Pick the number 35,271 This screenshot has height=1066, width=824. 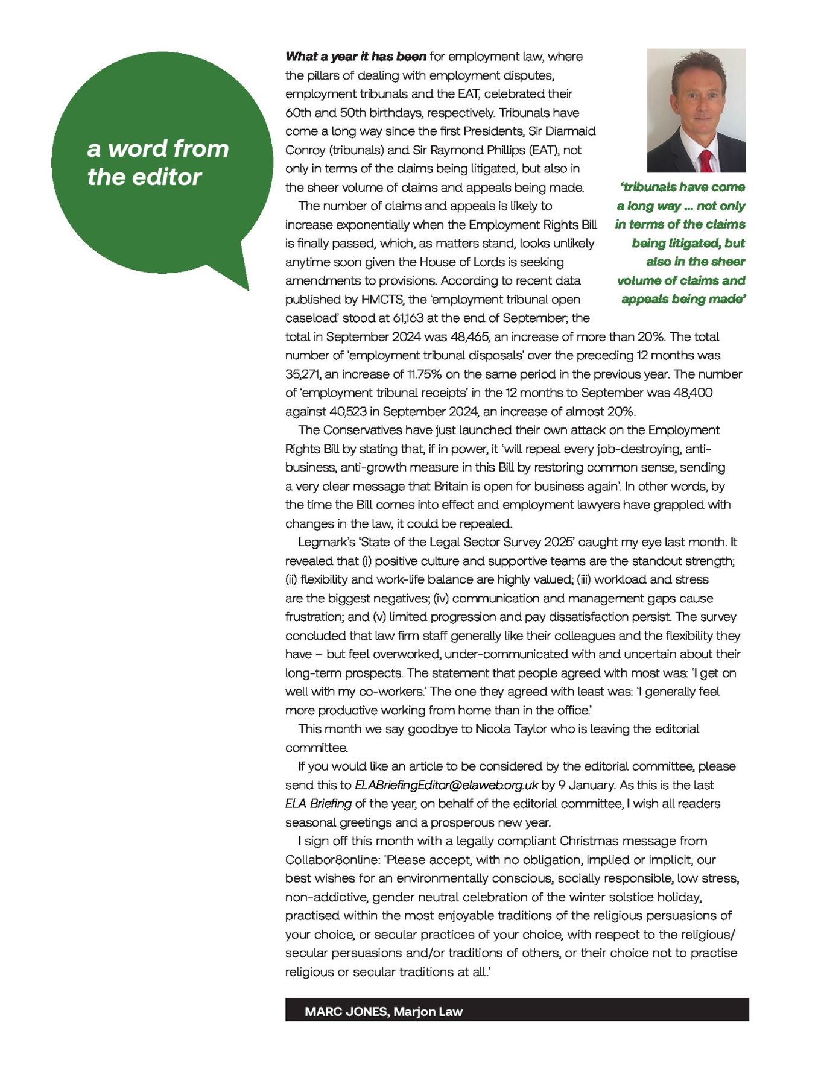coord(303,374)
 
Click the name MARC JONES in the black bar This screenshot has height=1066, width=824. coord(346,1011)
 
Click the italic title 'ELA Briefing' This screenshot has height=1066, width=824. coord(319,804)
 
